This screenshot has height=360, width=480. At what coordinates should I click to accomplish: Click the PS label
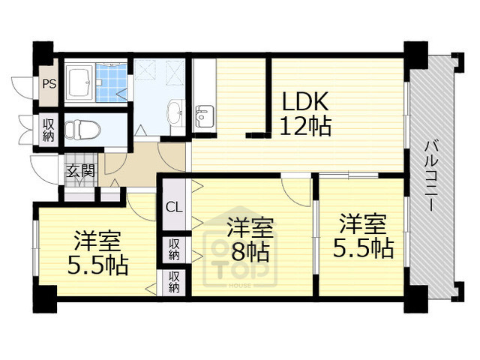tap(49, 84)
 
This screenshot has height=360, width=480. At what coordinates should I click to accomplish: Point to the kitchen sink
tap(203, 117)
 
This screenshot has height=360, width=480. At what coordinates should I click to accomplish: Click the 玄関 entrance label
tap(80, 170)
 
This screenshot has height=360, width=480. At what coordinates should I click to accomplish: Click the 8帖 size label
tap(250, 250)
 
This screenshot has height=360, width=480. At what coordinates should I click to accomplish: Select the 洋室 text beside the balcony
tap(363, 223)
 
